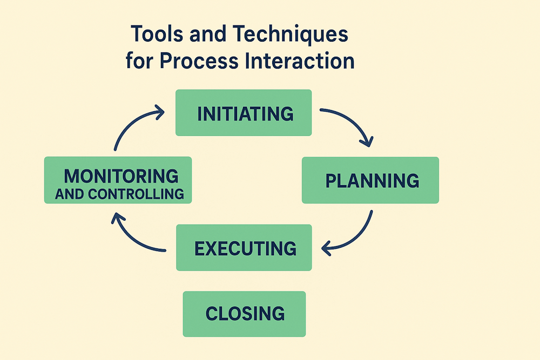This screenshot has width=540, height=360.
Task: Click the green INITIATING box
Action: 244,112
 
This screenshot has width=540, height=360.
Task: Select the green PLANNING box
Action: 370,180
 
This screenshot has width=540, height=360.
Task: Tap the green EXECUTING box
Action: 244,247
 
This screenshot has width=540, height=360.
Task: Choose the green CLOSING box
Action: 244,314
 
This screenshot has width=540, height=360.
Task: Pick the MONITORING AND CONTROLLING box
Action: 118,180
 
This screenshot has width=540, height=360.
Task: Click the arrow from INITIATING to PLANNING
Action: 351,123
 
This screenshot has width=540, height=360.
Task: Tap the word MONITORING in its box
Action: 121,175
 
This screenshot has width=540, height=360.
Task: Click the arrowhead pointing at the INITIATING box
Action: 159,112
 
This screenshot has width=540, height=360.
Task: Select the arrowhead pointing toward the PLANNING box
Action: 367,142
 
